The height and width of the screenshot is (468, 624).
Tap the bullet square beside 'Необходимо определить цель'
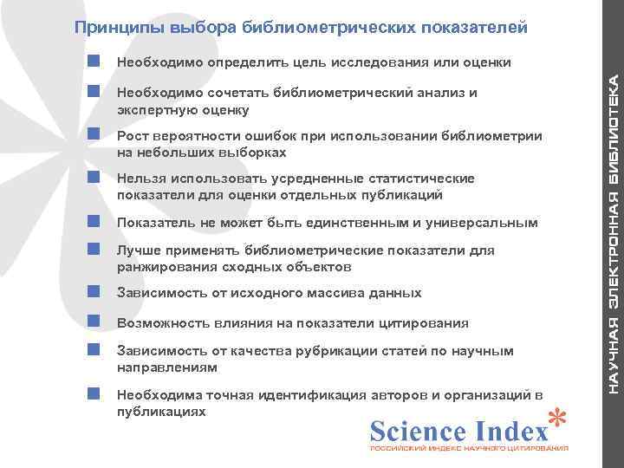(x=94, y=62)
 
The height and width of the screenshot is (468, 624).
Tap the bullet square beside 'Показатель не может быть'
(x=94, y=223)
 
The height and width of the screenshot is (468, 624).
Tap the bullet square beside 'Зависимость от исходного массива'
(x=94, y=293)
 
